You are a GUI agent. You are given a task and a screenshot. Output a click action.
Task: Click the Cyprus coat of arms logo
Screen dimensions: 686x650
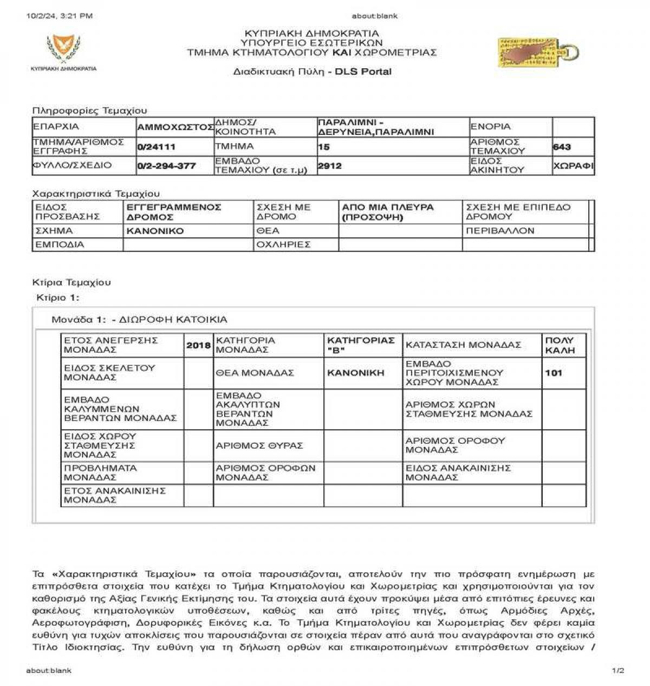point(63,49)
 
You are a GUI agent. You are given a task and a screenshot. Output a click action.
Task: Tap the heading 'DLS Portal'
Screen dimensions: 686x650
point(363,72)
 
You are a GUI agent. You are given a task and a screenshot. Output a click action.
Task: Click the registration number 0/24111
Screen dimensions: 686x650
point(157,147)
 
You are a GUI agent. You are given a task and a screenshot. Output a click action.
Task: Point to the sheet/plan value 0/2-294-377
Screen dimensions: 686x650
point(167,166)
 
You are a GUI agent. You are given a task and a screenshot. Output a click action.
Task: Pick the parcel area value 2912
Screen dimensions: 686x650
point(330,166)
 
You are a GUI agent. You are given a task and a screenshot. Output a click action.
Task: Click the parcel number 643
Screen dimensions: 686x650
point(562,147)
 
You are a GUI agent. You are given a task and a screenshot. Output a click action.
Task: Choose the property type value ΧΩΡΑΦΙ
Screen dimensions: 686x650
point(573,166)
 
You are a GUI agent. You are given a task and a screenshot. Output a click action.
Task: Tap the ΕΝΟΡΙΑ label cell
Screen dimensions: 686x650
point(491,127)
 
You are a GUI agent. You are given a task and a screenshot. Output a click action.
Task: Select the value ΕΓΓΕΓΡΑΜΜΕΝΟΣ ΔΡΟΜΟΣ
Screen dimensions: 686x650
point(174,212)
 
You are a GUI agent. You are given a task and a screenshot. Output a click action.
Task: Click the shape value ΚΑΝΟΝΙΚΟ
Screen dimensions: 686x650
point(155,231)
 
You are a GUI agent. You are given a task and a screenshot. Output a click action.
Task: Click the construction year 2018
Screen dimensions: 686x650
point(198,345)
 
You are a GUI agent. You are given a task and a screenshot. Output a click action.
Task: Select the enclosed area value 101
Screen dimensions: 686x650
point(554,373)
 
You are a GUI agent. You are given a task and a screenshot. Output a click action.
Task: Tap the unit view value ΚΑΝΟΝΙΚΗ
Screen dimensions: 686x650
point(356,373)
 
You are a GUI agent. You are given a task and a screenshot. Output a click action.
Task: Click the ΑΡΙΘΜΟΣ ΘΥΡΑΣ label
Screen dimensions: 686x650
point(259,445)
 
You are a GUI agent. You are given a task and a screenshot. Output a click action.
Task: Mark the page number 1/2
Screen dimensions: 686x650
point(618,671)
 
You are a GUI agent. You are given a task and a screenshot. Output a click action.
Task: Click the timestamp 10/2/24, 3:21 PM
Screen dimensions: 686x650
point(59,16)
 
